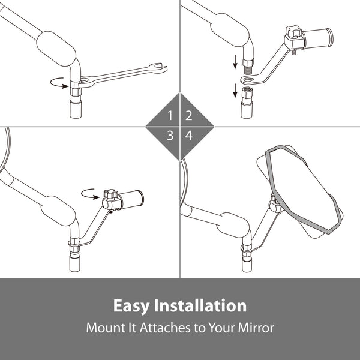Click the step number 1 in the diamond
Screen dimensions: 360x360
[170, 115]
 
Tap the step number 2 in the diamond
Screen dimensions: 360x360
[189, 115]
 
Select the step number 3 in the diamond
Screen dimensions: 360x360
[170, 136]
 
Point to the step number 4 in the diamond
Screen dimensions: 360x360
[189, 136]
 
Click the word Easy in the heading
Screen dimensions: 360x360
[131, 306]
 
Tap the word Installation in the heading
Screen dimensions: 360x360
[200, 305]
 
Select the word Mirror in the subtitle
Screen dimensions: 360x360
[256, 328]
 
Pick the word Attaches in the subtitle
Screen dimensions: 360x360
[165, 328]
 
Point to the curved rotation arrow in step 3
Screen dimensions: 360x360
[90, 194]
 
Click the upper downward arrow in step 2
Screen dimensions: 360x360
[235, 62]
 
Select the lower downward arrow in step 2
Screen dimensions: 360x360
[235, 91]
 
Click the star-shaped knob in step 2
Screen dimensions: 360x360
[293, 32]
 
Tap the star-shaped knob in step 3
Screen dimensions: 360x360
[110, 194]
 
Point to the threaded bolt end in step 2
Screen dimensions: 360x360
[247, 70]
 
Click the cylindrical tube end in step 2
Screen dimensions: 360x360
[318, 37]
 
